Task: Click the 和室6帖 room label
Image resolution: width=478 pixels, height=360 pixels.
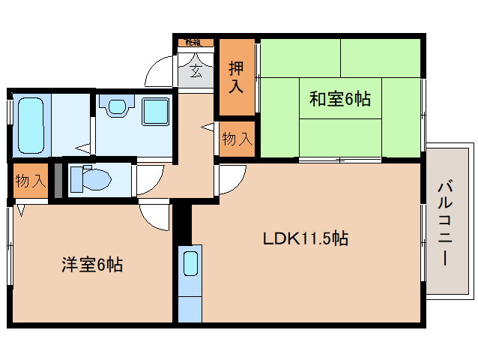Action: click(341, 97)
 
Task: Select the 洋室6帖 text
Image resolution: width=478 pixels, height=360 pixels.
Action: click(92, 264)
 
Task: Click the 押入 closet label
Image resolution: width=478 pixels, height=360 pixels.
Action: click(235, 77)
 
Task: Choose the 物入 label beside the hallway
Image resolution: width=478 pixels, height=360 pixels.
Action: click(237, 139)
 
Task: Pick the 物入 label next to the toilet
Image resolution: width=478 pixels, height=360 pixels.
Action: click(31, 181)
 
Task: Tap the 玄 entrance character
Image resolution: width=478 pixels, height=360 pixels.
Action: click(195, 72)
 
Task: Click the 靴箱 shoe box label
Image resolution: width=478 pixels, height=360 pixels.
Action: click(193, 43)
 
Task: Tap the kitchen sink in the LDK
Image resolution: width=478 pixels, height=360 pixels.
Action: click(190, 264)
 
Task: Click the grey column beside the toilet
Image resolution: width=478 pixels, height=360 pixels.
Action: click(58, 181)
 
